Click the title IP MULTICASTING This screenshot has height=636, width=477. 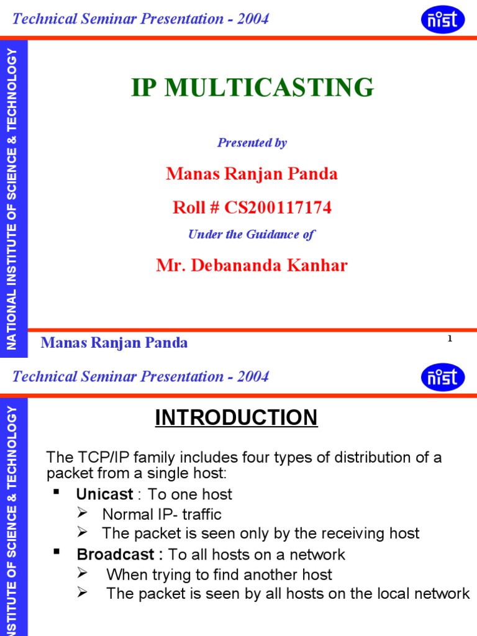(x=252, y=88)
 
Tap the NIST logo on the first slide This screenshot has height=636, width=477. (x=442, y=19)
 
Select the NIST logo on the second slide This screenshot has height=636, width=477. (x=442, y=377)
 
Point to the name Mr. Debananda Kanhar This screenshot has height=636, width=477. (x=252, y=266)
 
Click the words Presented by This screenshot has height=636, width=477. (x=252, y=143)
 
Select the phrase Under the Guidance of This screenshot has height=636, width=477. (x=252, y=234)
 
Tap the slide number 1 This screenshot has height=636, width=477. (x=449, y=338)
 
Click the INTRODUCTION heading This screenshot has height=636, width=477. (x=236, y=418)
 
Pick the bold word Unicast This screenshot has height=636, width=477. (x=104, y=494)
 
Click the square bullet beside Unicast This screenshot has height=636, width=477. (x=57, y=492)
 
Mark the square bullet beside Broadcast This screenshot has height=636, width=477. (x=57, y=552)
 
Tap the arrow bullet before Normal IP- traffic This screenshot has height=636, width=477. (x=82, y=514)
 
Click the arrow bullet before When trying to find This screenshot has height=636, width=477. (x=82, y=574)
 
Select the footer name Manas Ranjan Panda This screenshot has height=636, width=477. (x=114, y=343)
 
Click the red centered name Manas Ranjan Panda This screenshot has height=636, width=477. (x=252, y=174)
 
